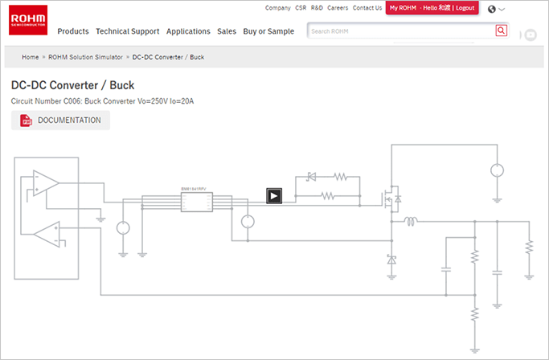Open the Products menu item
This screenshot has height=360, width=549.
pos(73,31)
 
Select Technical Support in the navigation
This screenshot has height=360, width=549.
pos(128,31)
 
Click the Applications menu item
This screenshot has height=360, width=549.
pos(188,31)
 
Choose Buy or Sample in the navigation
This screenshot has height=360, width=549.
pos(268,31)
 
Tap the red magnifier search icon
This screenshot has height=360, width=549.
pos(502,31)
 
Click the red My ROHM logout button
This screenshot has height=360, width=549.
pos(432,8)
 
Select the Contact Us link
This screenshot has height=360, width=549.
pos(367,8)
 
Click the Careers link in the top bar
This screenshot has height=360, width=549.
pos(338,8)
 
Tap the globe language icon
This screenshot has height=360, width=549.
pos(492,10)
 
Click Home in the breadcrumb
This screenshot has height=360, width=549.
pos(31,58)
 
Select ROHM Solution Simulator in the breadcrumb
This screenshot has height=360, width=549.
pos(85,58)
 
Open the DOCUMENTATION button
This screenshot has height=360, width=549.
pos(61,121)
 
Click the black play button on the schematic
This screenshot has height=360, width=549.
pos(274,194)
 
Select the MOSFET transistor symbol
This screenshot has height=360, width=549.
pos(392,197)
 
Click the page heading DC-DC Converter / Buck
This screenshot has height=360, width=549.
pos(72,85)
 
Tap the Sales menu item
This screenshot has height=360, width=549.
pos(227,31)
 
